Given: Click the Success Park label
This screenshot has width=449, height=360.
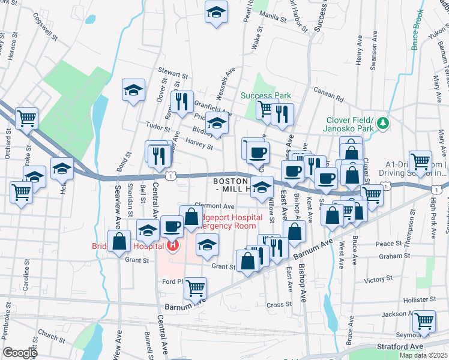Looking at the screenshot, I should coord(265,95).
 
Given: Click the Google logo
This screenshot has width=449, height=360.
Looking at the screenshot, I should coord(20,352).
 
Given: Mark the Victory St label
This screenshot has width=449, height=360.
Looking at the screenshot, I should coord(378,280).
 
